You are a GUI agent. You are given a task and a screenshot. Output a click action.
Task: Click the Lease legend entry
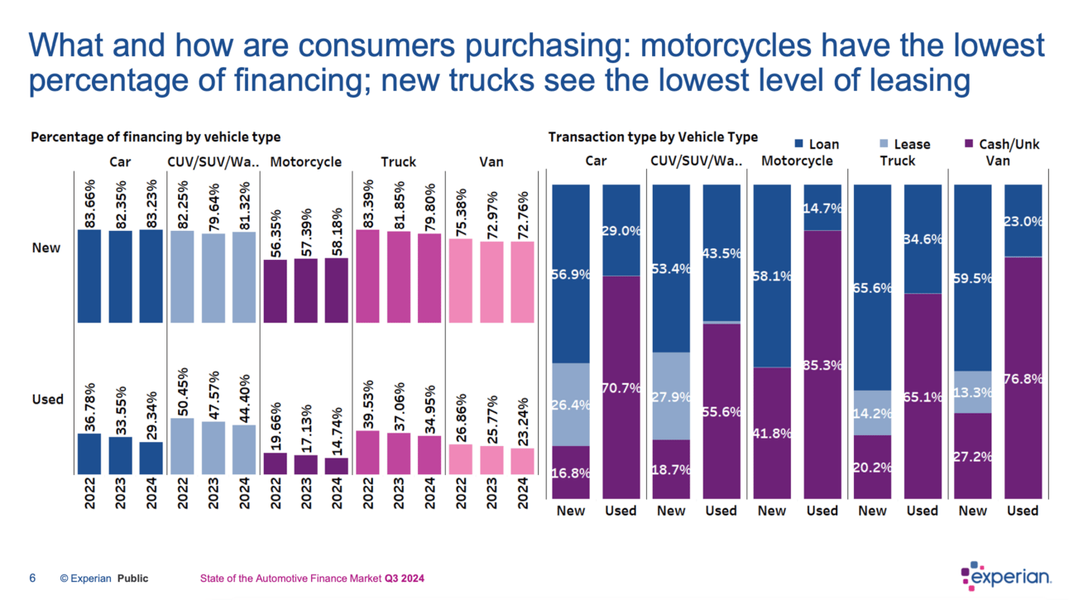[904, 144]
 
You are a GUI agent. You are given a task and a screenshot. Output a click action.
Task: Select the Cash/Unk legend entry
[1001, 144]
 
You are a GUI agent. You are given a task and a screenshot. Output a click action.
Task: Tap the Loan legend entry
[816, 144]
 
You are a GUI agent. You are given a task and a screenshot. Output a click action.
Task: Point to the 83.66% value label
[89, 203]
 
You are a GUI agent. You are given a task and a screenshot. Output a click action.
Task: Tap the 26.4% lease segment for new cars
[571, 404]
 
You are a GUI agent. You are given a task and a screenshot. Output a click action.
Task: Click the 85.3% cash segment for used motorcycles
[822, 364]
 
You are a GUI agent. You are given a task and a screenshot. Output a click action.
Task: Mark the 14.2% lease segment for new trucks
[872, 412]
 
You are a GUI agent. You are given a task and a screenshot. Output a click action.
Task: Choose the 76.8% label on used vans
[1023, 379]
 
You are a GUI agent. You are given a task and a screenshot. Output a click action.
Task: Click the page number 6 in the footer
[32, 578]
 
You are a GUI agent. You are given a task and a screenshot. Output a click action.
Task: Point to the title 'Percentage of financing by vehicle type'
[156, 137]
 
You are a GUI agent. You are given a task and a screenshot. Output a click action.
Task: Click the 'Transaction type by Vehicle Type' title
[653, 137]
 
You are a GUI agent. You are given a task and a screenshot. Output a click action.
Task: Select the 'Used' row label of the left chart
[47, 399]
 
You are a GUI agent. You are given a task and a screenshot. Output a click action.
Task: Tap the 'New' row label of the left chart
[46, 247]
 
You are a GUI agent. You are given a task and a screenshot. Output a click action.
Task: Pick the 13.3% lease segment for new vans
[973, 391]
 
